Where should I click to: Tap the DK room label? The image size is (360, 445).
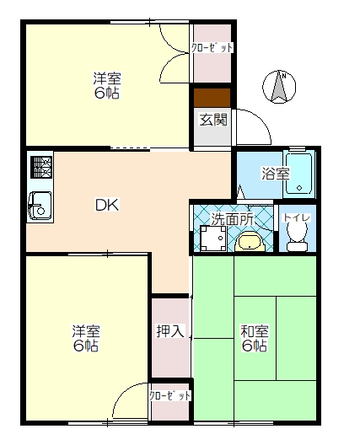(106, 204)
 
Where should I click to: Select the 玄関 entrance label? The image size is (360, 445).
(212, 120)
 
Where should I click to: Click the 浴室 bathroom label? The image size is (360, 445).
(275, 174)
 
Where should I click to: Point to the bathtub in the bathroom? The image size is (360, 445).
(299, 174)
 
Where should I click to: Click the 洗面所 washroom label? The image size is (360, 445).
(231, 218)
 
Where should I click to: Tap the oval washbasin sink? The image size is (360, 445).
(250, 243)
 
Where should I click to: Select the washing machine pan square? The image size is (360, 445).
(212, 241)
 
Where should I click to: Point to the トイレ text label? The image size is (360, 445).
(297, 218)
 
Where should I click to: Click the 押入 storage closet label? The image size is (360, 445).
(169, 331)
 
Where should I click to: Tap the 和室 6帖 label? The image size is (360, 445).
(255, 338)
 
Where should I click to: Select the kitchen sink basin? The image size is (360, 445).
(39, 204)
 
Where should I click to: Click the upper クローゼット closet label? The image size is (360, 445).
(212, 48)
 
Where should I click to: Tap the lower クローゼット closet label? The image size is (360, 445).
(170, 394)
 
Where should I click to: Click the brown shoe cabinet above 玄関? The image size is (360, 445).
(212, 97)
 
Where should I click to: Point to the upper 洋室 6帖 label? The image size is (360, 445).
(107, 86)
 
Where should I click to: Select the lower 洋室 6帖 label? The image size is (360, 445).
(85, 338)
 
